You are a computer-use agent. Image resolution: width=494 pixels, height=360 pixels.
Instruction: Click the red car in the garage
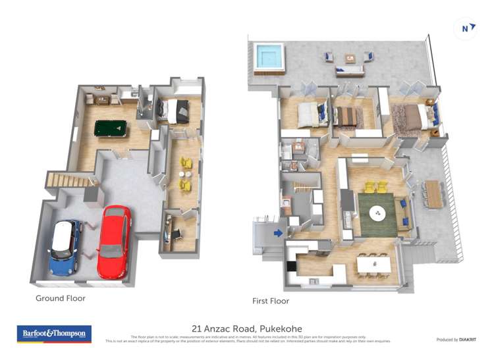115,242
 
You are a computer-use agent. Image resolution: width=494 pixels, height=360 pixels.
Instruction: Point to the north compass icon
466,28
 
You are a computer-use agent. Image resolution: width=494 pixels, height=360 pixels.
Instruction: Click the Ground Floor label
61,298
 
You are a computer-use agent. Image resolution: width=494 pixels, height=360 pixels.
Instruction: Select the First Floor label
271,301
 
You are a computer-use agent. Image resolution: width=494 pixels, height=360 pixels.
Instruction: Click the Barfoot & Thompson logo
54,334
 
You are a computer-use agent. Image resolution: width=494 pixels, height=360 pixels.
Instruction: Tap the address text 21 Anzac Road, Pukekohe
247,327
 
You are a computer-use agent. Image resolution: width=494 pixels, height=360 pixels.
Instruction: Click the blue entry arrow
279,232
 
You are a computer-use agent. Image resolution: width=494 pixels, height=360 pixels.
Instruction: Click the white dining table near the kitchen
374,264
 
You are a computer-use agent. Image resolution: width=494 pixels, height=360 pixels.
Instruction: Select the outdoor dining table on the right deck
433,194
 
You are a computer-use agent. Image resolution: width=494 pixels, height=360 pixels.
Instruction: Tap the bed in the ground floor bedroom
175,111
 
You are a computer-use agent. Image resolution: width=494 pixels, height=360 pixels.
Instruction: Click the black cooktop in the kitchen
291,266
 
